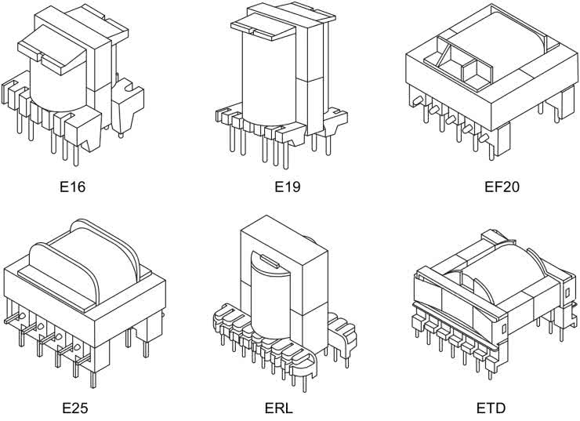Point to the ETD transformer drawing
pyautogui.click(x=492, y=302)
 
